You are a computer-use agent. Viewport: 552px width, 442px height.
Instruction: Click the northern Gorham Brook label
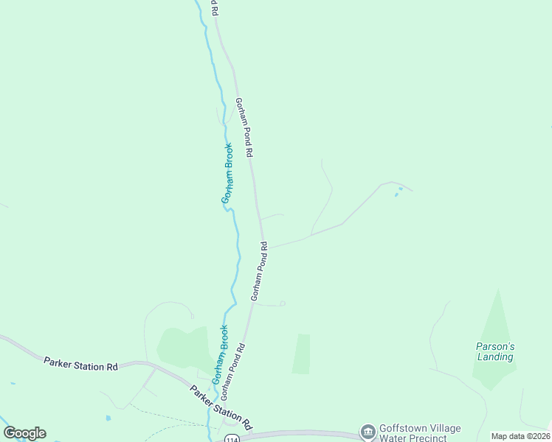[228, 173]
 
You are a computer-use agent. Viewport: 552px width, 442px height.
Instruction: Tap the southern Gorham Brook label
[219, 355]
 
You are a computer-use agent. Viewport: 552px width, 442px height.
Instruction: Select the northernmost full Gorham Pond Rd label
[244, 127]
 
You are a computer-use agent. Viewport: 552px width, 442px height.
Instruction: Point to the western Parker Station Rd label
[80, 364]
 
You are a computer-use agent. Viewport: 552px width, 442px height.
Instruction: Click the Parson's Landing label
[494, 351]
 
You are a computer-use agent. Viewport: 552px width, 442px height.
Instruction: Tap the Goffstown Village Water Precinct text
[413, 433]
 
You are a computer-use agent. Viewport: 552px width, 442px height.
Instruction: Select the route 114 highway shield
[232, 438]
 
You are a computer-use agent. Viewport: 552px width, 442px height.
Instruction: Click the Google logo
[24, 433]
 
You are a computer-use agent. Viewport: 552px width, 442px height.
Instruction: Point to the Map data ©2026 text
[520, 436]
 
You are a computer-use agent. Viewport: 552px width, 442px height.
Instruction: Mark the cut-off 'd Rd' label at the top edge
[215, 7]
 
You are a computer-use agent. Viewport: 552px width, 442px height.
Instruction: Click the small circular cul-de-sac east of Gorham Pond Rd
[283, 303]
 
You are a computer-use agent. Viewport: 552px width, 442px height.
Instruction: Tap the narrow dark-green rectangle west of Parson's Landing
[301, 354]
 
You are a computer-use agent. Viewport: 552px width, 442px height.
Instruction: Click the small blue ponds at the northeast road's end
[398, 193]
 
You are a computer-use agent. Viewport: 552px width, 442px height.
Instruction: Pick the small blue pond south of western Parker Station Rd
[108, 418]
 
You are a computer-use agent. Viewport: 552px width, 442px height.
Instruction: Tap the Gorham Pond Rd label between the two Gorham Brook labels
[259, 270]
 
